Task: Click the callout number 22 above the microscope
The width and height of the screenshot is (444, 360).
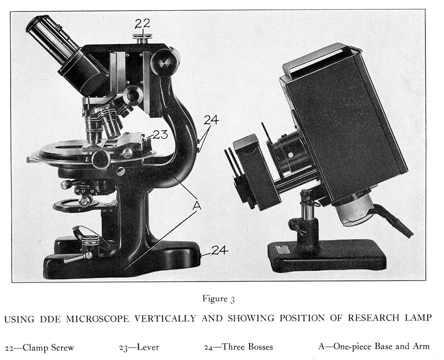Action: pos(142,24)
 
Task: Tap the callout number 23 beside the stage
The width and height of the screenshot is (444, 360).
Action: pos(160,134)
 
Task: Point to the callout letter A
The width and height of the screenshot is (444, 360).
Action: pos(197,205)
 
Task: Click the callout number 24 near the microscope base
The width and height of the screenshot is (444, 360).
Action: pos(220,250)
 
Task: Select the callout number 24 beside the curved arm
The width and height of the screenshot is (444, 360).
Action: pos(211,120)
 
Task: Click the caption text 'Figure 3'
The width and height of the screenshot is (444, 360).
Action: pos(218,299)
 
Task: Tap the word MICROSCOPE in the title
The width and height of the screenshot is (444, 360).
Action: pos(98,318)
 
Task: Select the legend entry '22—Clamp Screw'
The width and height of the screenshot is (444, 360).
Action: pos(40,348)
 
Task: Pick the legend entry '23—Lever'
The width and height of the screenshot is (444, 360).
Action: pos(139,347)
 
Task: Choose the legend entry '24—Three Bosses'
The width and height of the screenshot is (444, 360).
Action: pos(238,347)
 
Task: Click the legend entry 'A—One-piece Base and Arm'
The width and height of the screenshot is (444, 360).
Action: pos(374,346)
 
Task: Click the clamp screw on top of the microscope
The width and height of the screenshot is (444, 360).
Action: pos(142,39)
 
